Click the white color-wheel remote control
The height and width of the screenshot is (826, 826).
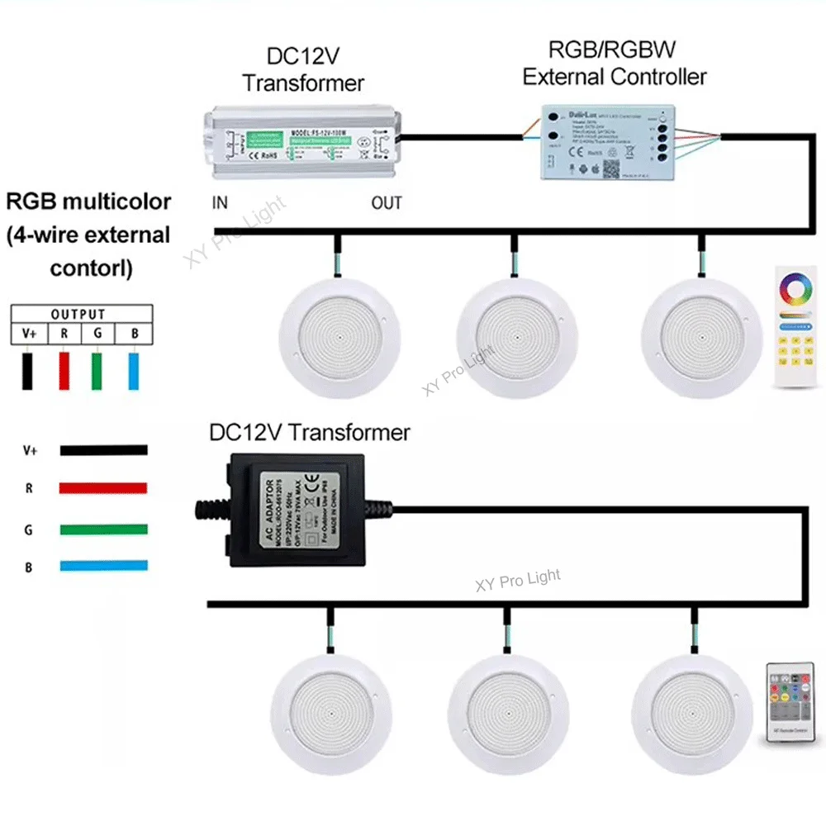(x=795, y=326)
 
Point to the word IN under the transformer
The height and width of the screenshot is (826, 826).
(x=220, y=203)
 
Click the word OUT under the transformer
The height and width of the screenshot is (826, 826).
(x=386, y=203)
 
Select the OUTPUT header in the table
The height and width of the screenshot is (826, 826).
(x=78, y=315)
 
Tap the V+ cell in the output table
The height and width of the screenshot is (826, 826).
(x=29, y=334)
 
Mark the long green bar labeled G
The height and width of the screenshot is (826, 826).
(x=103, y=529)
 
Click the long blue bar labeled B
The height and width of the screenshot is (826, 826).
(x=103, y=567)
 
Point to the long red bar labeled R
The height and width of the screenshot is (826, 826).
(x=103, y=488)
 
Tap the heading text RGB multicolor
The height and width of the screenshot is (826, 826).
(x=89, y=202)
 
